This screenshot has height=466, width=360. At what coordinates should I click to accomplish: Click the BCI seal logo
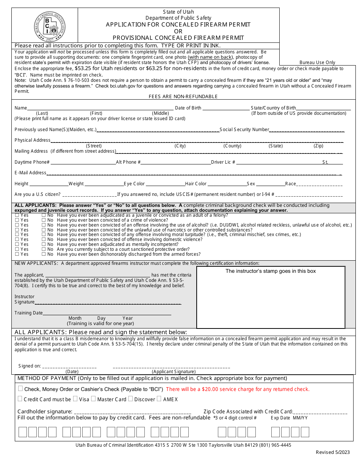[x=50, y=26]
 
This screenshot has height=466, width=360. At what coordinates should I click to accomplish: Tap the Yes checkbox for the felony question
[x=17, y=215]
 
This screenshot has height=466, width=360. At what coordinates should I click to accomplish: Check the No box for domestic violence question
[x=44, y=239]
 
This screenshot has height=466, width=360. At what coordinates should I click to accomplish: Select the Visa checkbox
[x=75, y=399]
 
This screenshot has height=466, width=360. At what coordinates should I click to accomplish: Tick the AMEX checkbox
[x=159, y=399]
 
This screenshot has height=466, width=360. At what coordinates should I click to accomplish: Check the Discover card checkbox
[x=130, y=399]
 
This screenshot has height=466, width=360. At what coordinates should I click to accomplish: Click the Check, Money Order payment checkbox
[x=20, y=388]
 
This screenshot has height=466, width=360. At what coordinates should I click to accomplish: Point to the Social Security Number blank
[x=307, y=131]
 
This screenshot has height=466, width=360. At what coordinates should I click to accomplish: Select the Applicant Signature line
[x=171, y=367]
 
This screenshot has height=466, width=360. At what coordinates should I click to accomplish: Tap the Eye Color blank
[x=165, y=185]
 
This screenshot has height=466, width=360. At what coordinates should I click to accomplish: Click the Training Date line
[x=107, y=314]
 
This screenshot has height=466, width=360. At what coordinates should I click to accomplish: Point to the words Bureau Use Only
[x=317, y=63]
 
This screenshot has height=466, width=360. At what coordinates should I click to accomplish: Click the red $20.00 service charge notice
[x=238, y=389]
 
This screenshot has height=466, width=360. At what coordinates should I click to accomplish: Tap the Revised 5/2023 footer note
[x=333, y=452]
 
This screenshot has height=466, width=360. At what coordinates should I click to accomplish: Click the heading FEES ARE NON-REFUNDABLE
[x=183, y=97]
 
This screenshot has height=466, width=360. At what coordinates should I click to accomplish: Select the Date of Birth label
[x=188, y=108]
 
